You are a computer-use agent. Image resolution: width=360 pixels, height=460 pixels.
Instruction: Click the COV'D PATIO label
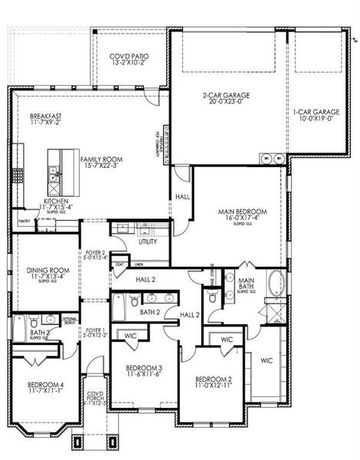[129, 57]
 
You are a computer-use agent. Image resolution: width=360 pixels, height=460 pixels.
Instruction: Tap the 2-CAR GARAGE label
[227, 96]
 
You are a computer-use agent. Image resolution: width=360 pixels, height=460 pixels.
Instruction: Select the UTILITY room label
[148, 242]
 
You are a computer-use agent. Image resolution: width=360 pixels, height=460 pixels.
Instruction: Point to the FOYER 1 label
[94, 331]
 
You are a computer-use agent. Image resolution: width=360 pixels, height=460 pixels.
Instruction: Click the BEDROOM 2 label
[212, 379]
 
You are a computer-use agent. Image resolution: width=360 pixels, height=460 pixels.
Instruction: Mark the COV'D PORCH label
[94, 396]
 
